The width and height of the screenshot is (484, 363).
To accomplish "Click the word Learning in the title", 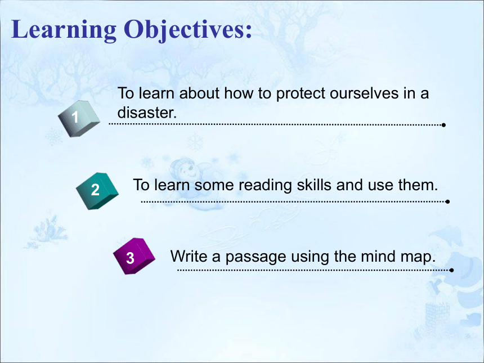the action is coord(64,30).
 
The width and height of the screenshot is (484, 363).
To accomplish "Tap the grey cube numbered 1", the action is coord(79,119).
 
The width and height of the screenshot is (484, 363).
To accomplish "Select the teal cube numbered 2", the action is coord(97,191).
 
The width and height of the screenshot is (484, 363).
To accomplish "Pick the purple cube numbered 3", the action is coord(134,256).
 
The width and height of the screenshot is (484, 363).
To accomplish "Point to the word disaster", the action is coord(147,113).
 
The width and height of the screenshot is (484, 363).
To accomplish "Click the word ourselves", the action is coord(364,93).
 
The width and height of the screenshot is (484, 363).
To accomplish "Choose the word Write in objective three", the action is coord(189,256).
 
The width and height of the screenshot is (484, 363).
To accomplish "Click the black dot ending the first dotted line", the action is coord(443,125).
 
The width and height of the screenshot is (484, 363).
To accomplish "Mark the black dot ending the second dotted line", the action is coord(447,201).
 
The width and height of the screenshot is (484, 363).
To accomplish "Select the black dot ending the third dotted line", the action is coord(451,270).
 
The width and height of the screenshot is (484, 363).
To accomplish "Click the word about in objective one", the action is coord(199,93).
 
